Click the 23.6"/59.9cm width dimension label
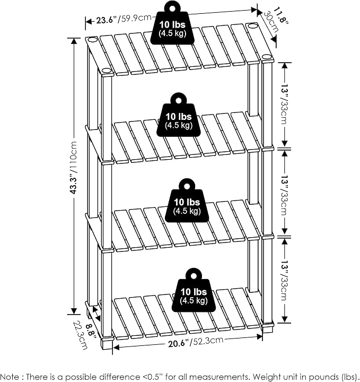(124, 19)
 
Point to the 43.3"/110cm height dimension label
(73, 168)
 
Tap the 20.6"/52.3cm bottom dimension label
(196, 342)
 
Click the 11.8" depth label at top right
(281, 16)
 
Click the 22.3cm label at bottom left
(80, 335)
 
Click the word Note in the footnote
(10, 377)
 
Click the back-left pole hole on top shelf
(92, 40)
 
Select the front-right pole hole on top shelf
(267, 57)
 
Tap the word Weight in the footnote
(264, 377)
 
